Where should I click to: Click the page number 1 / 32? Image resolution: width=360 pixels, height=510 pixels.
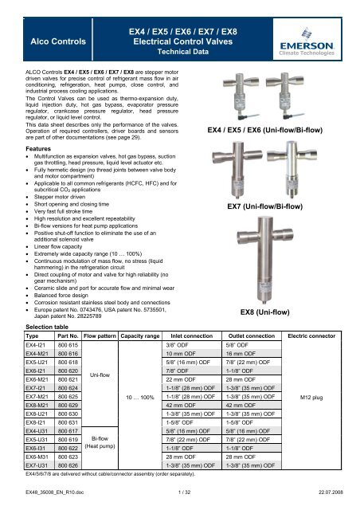pyautogui.click(x=180, y=500)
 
